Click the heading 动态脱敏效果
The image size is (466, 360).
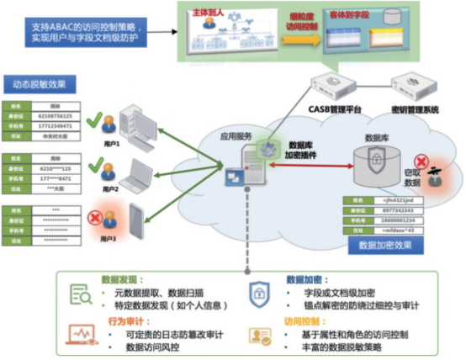point(42,84)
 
